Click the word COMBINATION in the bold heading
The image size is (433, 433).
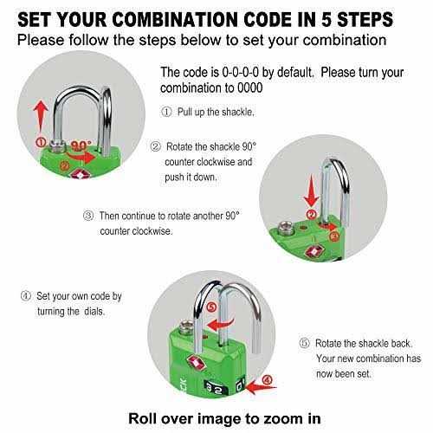coord(176,20)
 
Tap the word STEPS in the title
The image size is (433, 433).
coord(365,20)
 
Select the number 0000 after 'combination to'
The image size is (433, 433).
coord(250,87)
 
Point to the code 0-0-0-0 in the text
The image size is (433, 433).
coord(241,72)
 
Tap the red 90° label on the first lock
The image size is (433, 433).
coord(81,145)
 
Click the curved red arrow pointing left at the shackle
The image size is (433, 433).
coord(220,324)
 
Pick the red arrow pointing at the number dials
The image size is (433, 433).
coord(262,387)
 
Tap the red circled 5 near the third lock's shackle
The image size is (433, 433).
coord(212,307)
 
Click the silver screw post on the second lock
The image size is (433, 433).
coord(286,228)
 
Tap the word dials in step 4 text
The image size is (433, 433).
coord(94,312)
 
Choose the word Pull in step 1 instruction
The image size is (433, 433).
coord(184,112)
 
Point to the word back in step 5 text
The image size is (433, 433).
coord(402,343)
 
